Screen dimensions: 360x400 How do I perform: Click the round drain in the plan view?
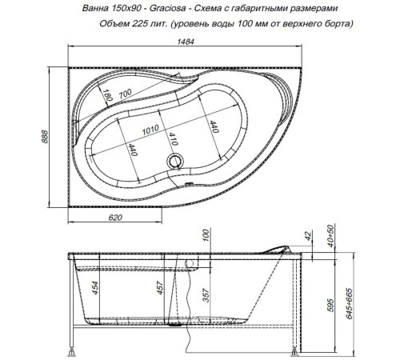pos(174,162)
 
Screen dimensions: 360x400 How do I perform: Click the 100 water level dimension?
pos(206,236)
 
